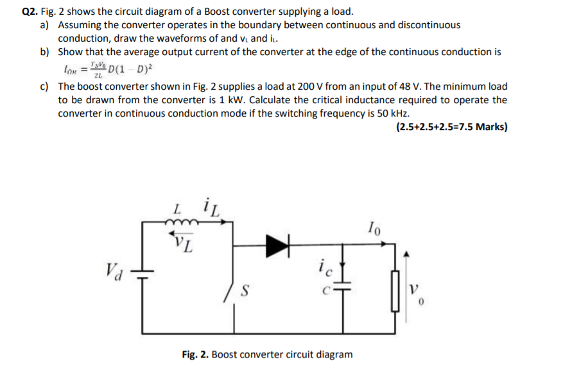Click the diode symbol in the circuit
pos(277,243)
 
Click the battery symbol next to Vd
pos(142,274)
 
